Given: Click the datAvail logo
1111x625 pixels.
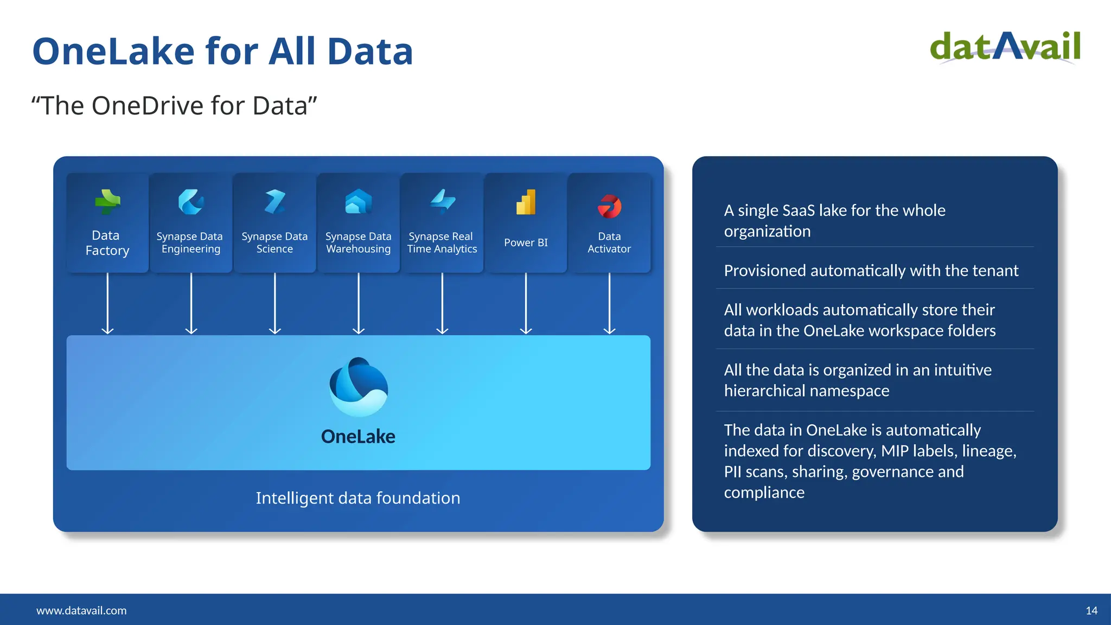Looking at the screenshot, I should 1005,47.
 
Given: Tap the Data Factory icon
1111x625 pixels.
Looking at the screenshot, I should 107,201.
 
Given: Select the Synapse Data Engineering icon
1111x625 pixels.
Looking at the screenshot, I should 191,202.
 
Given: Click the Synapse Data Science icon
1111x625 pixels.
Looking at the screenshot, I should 275,201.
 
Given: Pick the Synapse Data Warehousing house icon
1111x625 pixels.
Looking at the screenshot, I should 359,201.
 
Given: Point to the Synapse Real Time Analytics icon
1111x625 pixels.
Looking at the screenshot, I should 443,201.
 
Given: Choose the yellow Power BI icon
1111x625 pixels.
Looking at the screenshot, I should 526,202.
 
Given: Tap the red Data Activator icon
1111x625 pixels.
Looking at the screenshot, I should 609,206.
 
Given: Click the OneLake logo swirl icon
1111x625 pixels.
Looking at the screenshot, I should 359,387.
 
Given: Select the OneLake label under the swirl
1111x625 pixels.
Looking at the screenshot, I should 358,436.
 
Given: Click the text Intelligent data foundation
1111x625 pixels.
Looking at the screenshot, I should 358,498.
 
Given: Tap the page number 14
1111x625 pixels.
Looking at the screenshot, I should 1091,610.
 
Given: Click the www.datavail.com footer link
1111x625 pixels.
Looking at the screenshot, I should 81,610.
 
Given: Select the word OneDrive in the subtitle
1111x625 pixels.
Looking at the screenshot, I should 148,105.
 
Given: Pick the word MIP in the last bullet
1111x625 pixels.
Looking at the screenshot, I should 895,451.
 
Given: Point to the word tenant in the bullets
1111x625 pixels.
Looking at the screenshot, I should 993,270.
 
